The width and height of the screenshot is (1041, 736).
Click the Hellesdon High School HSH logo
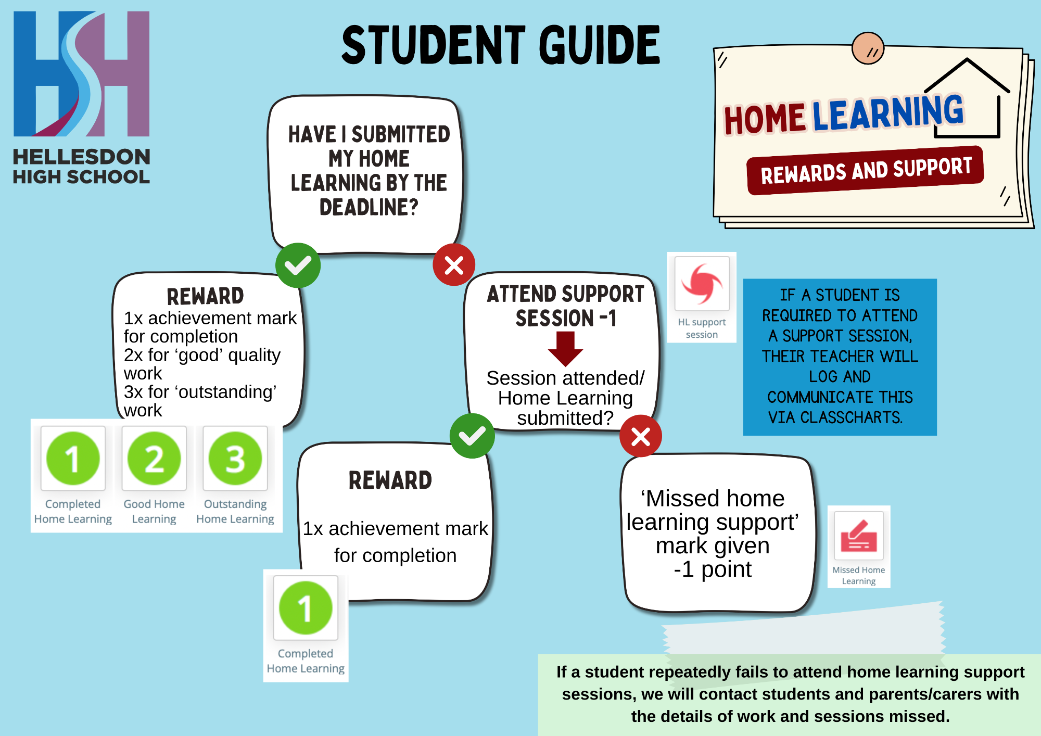(82, 74)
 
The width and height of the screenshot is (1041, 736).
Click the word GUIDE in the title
(599, 45)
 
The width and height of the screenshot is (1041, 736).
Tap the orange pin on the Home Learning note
(868, 48)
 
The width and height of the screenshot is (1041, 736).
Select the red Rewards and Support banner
(865, 171)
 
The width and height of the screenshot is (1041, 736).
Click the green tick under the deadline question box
(298, 265)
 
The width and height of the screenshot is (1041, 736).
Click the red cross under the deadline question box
(454, 265)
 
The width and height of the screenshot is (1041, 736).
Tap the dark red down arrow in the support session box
(565, 349)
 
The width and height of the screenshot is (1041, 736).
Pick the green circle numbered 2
(154, 459)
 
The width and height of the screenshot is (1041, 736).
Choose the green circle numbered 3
(235, 459)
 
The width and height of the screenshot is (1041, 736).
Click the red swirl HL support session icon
(702, 284)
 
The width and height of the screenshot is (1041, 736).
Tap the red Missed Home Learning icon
(859, 536)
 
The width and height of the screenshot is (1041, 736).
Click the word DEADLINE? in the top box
(369, 208)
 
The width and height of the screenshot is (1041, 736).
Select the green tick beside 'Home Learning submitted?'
(472, 436)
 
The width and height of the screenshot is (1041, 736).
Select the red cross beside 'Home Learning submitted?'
(641, 436)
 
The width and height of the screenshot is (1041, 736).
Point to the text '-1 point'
(713, 569)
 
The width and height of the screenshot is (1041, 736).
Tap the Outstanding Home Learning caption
(235, 511)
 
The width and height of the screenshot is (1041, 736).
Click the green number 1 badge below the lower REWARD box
(306, 608)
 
